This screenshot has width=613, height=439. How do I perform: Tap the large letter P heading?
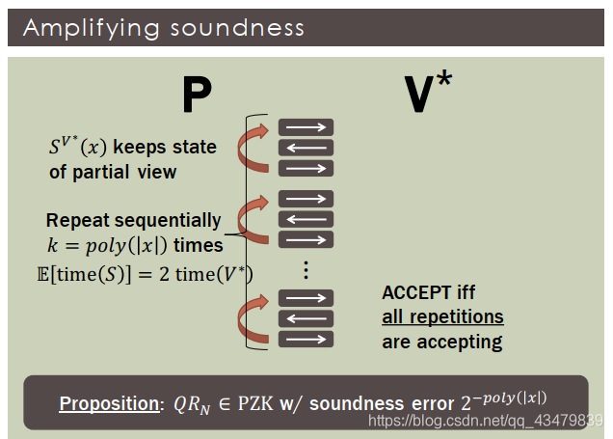[196, 96]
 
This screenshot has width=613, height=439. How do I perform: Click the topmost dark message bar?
[306, 126]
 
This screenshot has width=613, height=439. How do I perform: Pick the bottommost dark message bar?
[306, 339]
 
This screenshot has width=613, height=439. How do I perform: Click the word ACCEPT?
[415, 292]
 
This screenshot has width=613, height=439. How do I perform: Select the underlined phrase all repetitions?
[442, 316]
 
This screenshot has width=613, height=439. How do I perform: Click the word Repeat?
[77, 220]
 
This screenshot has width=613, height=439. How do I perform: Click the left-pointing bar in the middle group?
[306, 220]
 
